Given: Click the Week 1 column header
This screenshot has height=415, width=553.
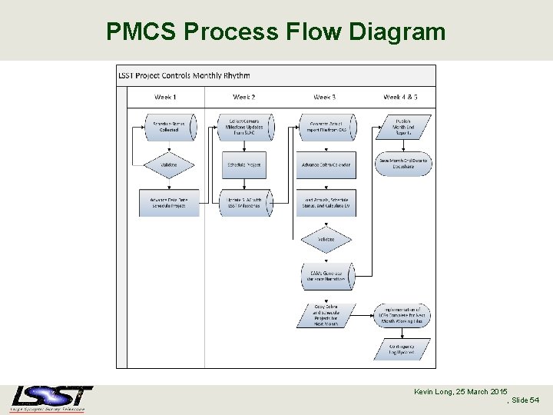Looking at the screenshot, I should [x=165, y=97].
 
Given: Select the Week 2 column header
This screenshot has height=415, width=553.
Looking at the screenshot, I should [x=243, y=97].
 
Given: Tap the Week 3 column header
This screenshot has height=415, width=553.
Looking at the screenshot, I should [x=325, y=97].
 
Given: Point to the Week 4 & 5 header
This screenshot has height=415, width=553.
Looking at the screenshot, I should [x=401, y=97].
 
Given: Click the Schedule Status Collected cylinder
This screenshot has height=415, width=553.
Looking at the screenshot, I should [x=169, y=127].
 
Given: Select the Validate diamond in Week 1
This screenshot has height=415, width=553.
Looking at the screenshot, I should [x=169, y=164].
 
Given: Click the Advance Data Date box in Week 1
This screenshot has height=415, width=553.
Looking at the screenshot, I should [x=169, y=202].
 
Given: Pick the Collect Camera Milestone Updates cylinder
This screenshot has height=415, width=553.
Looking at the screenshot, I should [x=245, y=127].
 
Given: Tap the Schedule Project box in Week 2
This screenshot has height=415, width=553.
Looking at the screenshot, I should [x=245, y=164].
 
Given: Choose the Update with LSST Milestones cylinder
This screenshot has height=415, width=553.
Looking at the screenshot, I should [x=245, y=202].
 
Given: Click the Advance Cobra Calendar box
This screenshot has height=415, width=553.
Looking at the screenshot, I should [x=326, y=164].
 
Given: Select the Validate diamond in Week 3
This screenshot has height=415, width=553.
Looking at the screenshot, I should [x=326, y=239].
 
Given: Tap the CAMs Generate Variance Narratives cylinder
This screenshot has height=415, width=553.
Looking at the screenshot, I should [x=326, y=276].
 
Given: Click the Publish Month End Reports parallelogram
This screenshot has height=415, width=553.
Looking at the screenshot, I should [x=405, y=127].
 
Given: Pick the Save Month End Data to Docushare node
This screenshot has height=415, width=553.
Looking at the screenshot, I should [x=405, y=163].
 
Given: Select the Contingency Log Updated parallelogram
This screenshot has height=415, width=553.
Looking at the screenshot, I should [x=405, y=350].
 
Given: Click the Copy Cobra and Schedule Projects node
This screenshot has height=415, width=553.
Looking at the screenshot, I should [x=326, y=314].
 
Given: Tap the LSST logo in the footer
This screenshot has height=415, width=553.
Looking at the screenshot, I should [x=51, y=398].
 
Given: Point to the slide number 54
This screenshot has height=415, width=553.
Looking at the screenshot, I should [x=534, y=401].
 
